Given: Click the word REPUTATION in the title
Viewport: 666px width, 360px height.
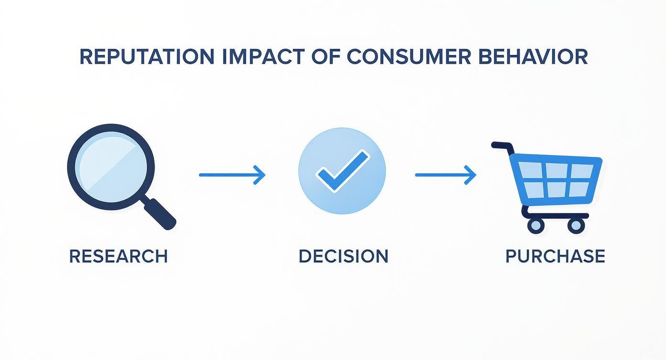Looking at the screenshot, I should pyautogui.click(x=146, y=56).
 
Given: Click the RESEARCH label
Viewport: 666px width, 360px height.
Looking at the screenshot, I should pyautogui.click(x=118, y=256).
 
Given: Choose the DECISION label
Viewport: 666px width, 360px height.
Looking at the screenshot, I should pyautogui.click(x=343, y=256).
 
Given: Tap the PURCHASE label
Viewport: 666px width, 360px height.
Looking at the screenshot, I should pyautogui.click(x=555, y=256).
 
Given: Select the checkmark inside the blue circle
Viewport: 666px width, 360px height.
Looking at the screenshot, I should pyautogui.click(x=343, y=171).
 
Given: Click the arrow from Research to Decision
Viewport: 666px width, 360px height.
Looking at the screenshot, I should pyautogui.click(x=232, y=175).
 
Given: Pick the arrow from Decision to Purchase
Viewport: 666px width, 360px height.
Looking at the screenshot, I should pyautogui.click(x=445, y=175).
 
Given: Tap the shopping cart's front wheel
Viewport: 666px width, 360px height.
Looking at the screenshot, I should pyautogui.click(x=577, y=224).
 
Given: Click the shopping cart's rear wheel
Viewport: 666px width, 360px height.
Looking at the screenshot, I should pyautogui.click(x=536, y=224).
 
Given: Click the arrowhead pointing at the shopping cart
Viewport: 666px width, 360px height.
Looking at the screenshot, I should pyautogui.click(x=471, y=175).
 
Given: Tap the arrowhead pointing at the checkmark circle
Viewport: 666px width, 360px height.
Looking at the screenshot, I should pyautogui.click(x=260, y=175).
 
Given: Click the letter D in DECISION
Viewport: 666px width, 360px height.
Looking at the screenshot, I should pyautogui.click(x=305, y=256).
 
